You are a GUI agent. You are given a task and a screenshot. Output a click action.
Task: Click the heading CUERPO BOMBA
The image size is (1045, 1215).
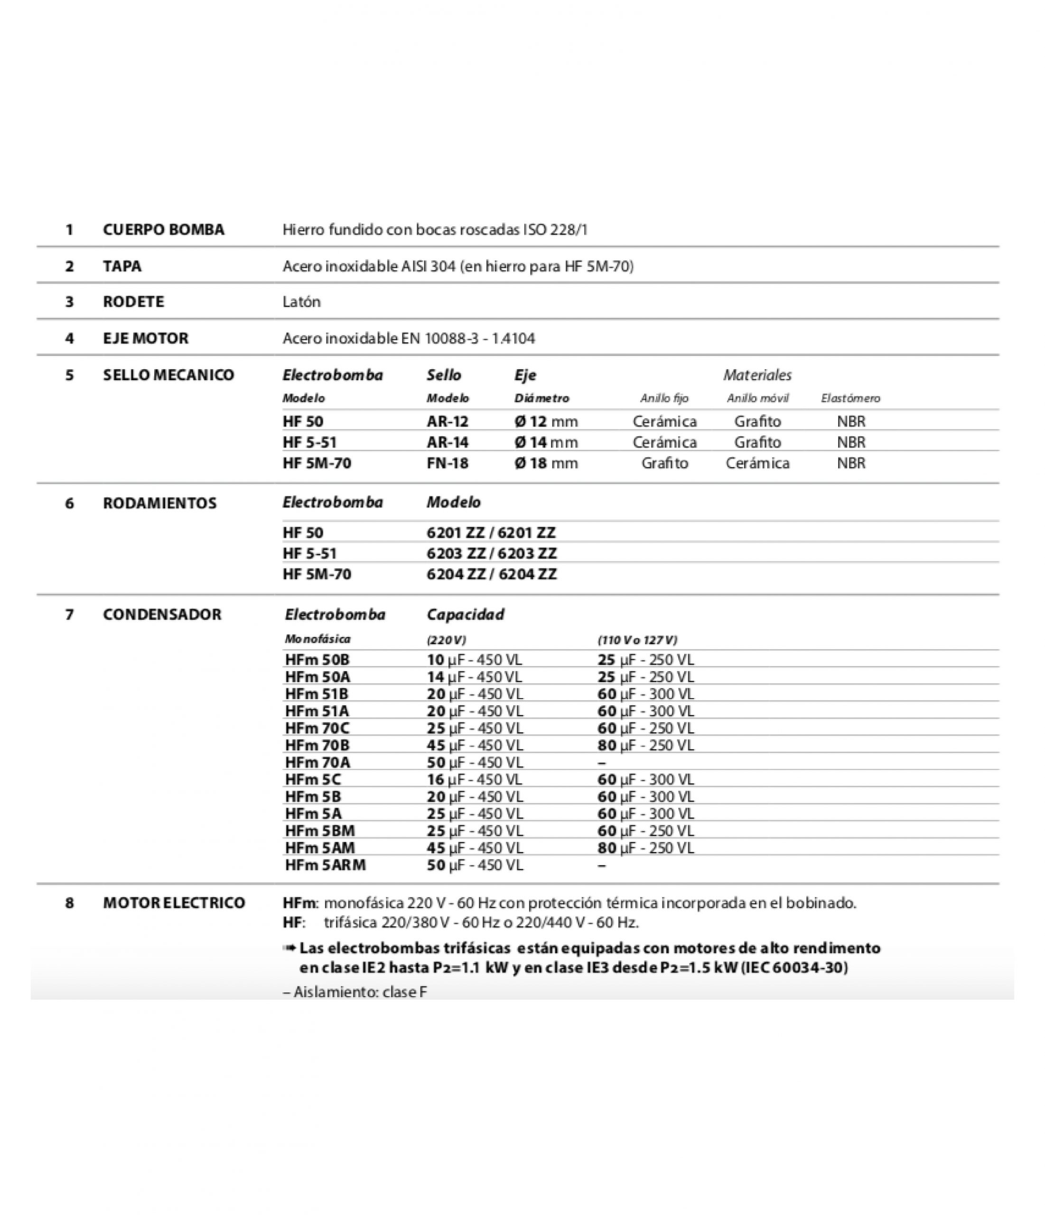point(164,229)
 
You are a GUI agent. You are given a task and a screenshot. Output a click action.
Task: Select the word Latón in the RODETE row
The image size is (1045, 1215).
point(301,302)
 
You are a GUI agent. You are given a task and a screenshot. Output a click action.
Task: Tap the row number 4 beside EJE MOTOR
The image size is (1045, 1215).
point(69,338)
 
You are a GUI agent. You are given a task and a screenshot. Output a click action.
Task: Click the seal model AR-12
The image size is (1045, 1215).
point(448,421)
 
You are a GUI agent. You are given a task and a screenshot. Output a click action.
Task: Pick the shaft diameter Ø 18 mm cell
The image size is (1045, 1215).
point(546,463)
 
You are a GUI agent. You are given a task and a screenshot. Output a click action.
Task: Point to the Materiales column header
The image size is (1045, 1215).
point(757,375)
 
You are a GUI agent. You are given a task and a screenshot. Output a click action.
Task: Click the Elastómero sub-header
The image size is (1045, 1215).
point(850,399)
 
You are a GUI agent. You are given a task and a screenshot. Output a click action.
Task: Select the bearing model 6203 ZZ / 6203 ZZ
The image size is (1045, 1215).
point(492,553)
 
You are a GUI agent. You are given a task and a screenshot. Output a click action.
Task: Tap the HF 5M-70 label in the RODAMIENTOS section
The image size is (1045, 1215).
point(317,574)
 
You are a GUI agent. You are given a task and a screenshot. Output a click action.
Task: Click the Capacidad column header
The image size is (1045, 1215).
point(465,615)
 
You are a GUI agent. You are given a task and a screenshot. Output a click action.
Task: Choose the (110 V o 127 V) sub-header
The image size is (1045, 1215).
point(637,640)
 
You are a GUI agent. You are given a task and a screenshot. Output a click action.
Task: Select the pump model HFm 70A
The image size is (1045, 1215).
point(317,762)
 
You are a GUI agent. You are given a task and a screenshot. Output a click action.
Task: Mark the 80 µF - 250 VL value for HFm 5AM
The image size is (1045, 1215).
point(645,848)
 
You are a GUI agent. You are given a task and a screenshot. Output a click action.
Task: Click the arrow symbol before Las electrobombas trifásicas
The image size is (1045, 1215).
point(289,948)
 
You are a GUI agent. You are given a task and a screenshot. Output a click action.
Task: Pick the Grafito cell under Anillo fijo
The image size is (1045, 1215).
point(664,463)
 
